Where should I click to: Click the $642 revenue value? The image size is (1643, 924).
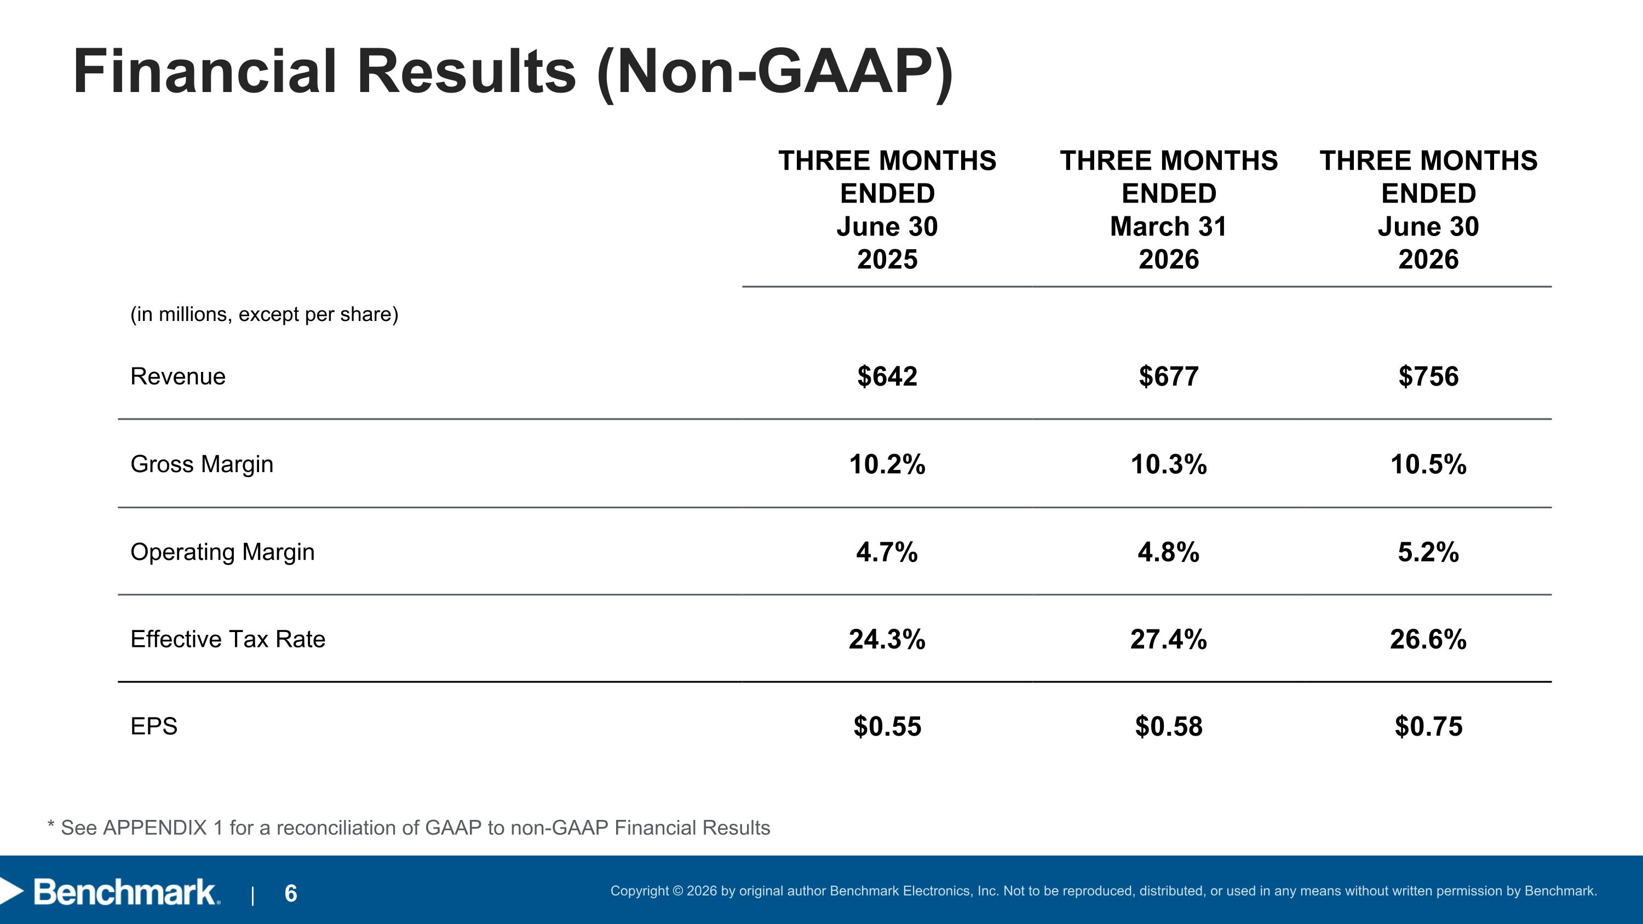887,376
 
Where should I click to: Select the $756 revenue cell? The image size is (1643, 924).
1429,376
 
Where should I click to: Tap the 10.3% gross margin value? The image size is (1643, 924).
1169,464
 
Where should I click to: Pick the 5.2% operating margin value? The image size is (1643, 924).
1429,552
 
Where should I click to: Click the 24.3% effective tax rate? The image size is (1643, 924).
887,639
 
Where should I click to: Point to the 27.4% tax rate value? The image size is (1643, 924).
1169,639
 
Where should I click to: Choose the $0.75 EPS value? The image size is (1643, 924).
1429,726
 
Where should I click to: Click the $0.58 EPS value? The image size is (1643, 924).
1169,726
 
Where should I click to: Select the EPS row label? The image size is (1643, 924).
154,726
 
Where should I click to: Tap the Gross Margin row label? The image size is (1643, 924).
202,464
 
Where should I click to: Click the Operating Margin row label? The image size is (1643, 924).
222,552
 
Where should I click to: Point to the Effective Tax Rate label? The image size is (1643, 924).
228,639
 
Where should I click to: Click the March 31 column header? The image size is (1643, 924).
1169,226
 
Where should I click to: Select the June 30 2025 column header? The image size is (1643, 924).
887,210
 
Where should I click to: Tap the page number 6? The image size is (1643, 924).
291,893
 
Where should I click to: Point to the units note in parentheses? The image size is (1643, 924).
264,314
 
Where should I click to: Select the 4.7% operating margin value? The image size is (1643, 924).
887,552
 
